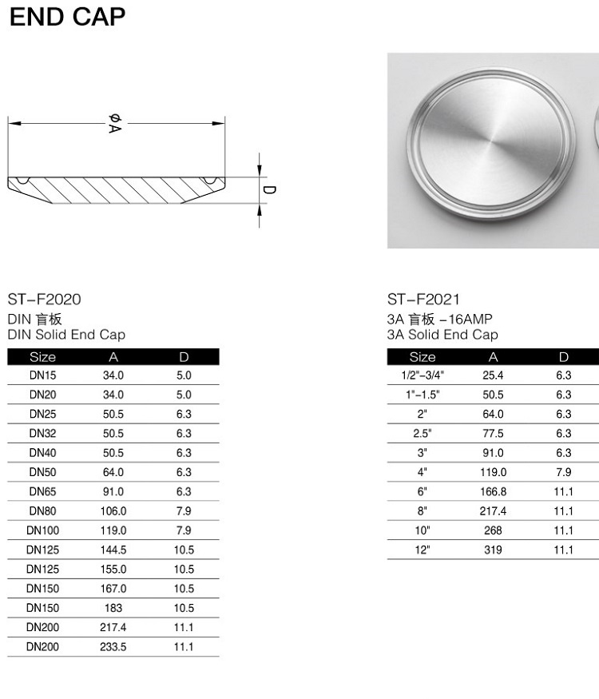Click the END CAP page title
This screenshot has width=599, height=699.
[67, 17]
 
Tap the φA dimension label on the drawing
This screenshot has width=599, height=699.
[115, 124]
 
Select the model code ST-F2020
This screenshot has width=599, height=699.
[44, 299]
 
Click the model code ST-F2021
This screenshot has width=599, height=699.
[423, 299]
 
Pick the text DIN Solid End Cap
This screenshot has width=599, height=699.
[66, 335]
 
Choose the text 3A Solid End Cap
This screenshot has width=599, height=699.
[442, 335]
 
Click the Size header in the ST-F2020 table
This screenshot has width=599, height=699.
[43, 357]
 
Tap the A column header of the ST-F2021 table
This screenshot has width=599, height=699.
[493, 357]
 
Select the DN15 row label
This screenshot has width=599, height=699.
[43, 375]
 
